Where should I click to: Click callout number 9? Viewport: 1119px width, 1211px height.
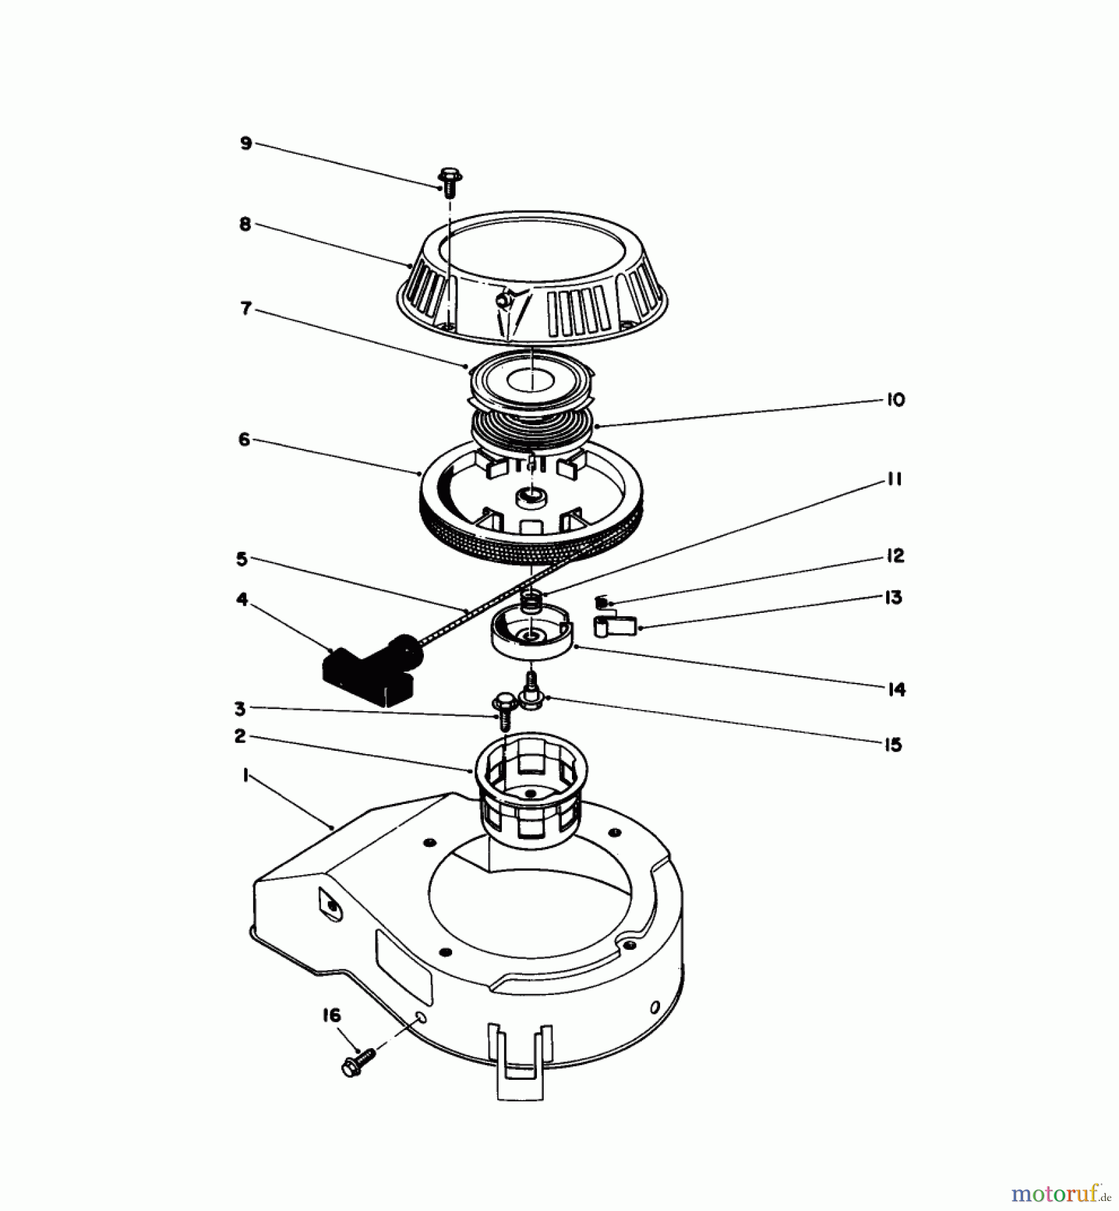click(x=246, y=143)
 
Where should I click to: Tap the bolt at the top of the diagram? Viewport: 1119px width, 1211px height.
click(x=447, y=181)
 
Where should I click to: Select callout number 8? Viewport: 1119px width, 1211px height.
click(x=245, y=224)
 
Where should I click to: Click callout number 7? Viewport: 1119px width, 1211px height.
click(x=246, y=309)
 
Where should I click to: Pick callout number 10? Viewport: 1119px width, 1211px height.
click(x=896, y=400)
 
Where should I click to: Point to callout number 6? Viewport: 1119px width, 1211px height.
click(x=244, y=440)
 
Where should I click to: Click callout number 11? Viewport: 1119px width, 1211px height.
click(x=895, y=479)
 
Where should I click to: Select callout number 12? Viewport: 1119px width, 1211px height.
click(x=895, y=556)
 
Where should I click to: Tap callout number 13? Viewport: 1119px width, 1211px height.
click(x=894, y=597)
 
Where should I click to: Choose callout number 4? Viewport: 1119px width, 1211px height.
click(x=242, y=599)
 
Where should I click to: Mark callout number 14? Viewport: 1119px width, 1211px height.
click(x=896, y=690)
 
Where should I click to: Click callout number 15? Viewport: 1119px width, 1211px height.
click(x=893, y=745)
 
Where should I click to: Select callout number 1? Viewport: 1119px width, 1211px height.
click(x=246, y=776)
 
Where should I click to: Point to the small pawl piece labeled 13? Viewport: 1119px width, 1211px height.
click(x=614, y=626)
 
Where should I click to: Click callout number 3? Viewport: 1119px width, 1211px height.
click(x=239, y=708)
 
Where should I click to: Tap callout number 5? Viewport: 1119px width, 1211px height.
click(x=242, y=558)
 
